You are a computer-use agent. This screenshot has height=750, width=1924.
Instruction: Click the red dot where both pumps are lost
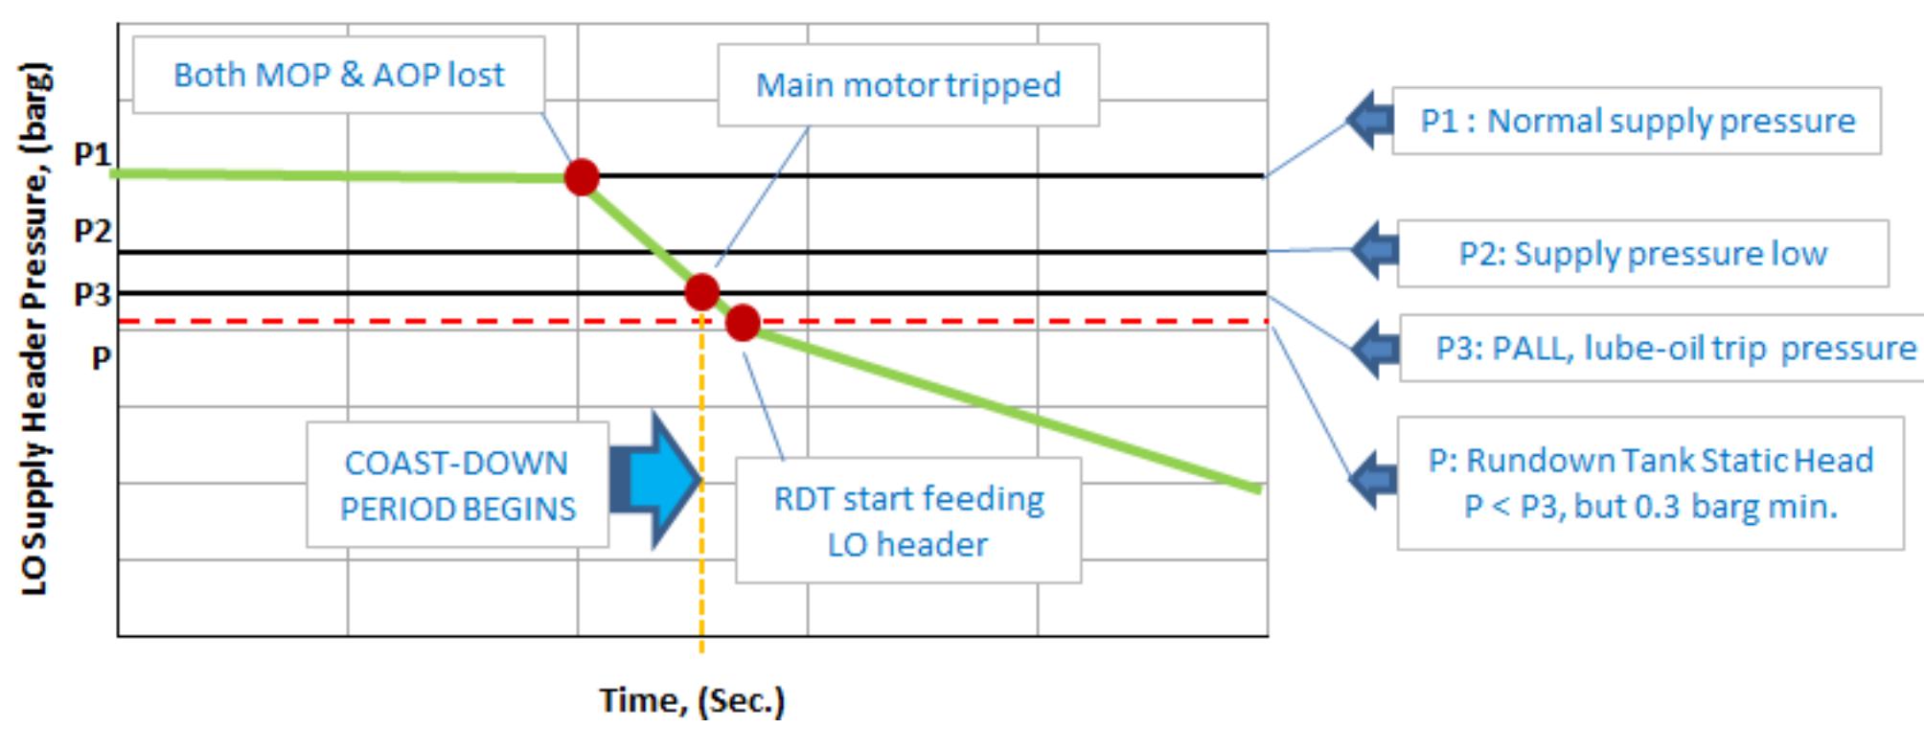point(582,177)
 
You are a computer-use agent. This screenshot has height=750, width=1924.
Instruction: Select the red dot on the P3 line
point(702,291)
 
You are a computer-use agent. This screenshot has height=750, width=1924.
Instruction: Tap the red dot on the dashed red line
point(743,323)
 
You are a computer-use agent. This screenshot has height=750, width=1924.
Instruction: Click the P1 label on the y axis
point(92,154)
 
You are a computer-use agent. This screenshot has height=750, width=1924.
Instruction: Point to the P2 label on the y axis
point(92,231)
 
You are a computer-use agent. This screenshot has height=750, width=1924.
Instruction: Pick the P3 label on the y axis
point(92,294)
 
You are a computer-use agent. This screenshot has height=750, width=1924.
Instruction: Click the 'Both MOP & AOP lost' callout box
point(338,75)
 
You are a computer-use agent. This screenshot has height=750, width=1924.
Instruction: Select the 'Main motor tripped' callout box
point(907,85)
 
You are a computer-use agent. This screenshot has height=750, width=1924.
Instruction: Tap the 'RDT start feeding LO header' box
point(907,520)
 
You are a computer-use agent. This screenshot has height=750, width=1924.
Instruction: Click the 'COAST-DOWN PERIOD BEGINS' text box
point(457,485)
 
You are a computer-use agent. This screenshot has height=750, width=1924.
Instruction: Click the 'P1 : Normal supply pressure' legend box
point(1636,121)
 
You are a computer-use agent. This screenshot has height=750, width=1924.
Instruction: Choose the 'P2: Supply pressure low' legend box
point(1642,254)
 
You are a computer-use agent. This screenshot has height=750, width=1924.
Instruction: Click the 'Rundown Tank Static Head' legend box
point(1649,483)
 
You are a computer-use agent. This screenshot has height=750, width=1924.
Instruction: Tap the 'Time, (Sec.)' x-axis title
point(692,700)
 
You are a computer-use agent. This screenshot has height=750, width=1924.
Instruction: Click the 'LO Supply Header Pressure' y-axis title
point(34,329)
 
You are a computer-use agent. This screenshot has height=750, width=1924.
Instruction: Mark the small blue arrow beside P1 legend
point(1370,120)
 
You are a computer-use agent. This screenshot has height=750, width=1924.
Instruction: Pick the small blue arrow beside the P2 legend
point(1375,250)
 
